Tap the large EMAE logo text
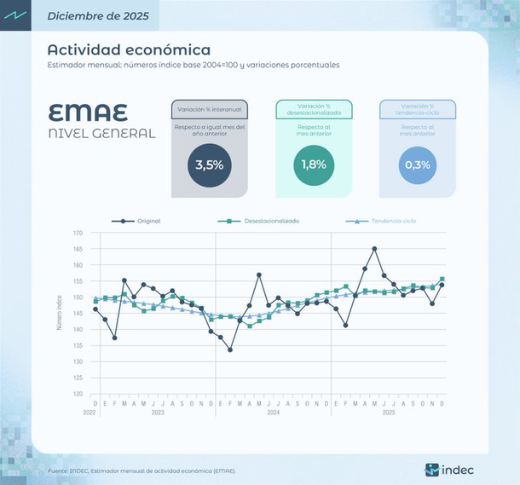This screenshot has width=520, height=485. [88, 113]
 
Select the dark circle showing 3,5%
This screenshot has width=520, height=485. [209, 165]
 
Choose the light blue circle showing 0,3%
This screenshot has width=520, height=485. [418, 165]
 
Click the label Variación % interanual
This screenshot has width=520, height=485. [209, 109]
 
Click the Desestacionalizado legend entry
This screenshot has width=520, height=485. [271, 221]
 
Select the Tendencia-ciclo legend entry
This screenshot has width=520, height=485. [393, 221]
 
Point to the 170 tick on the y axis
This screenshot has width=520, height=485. [78, 233]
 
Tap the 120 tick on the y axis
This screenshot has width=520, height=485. [78, 394]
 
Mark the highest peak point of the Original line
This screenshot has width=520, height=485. [375, 249]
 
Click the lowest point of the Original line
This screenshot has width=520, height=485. [230, 349]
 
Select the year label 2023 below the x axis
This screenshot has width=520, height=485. [158, 413]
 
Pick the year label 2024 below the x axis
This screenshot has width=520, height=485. [273, 413]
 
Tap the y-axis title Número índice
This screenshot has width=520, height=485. [60, 314]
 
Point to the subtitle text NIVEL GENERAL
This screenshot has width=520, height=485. [102, 133]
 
